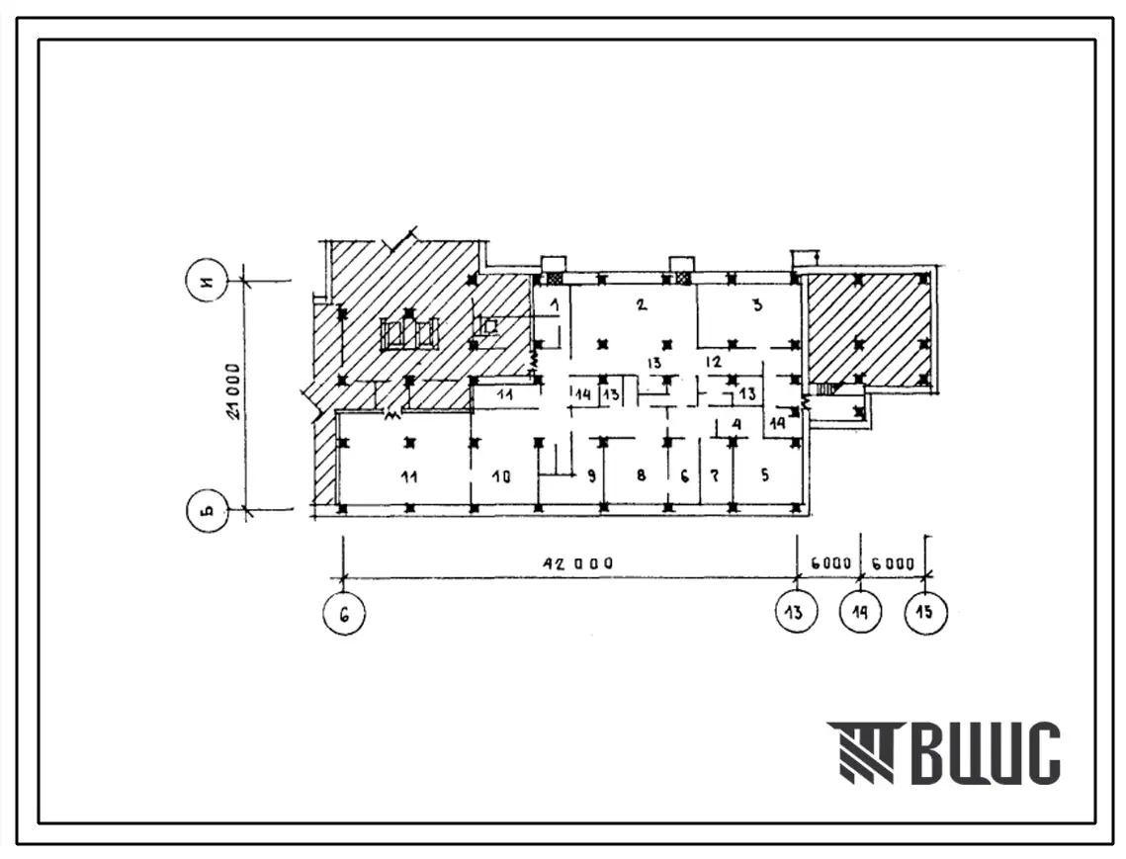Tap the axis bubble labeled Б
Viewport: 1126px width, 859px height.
(207, 510)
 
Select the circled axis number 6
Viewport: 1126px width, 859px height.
(345, 614)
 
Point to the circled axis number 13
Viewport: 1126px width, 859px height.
(797, 612)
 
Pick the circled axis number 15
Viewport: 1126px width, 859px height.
(925, 612)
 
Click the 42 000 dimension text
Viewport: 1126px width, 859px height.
(577, 563)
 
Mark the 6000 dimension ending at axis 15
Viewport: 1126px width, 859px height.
(893, 563)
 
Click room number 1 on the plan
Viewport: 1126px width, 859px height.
(555, 305)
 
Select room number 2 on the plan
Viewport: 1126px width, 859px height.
(642, 304)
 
